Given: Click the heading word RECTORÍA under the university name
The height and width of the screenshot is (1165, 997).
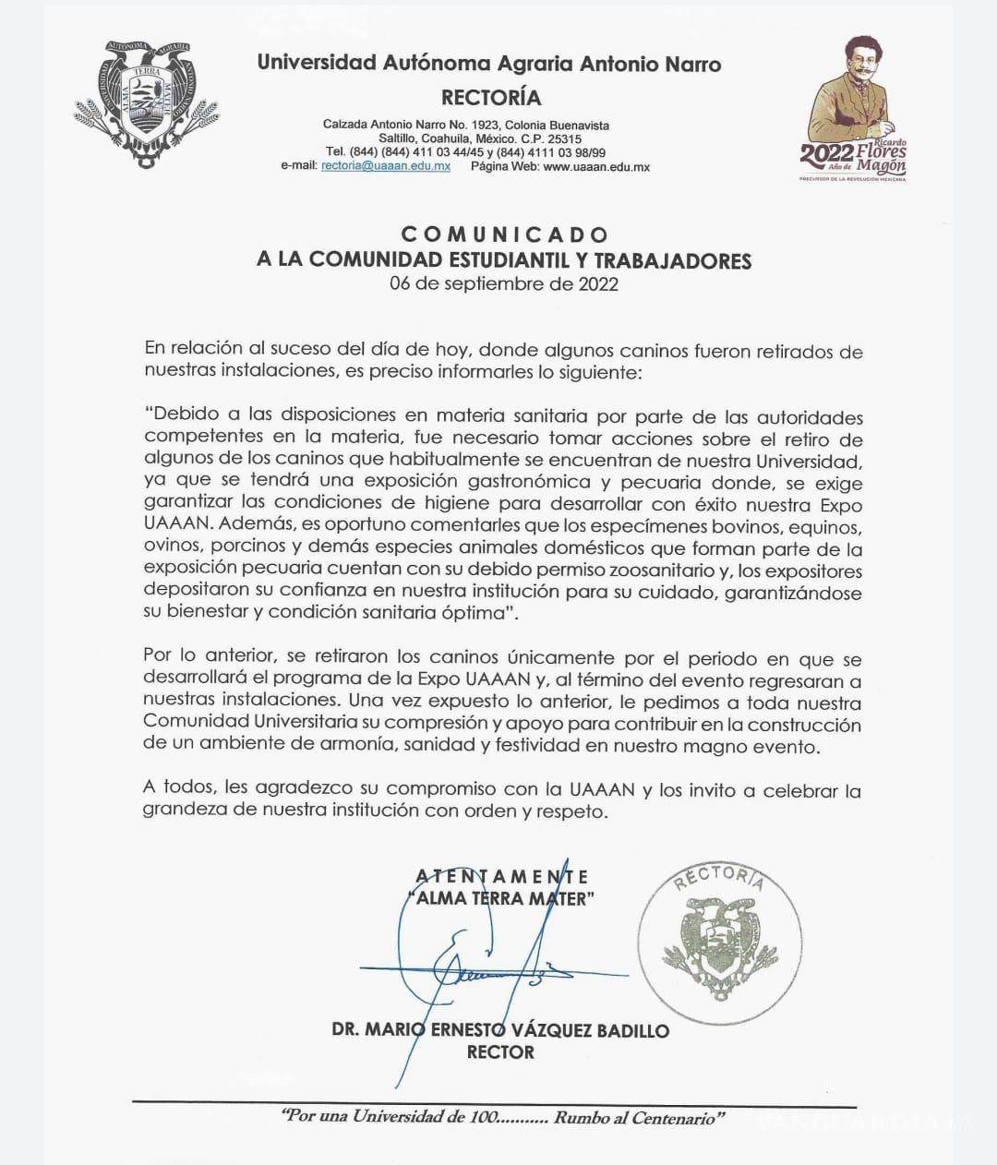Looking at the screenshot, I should (x=491, y=97).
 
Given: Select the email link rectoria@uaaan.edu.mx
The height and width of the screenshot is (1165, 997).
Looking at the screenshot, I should (x=385, y=167).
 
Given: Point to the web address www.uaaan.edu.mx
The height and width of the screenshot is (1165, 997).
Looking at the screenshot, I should (x=596, y=167).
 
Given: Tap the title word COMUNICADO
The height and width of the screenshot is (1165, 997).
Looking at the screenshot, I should (x=504, y=234).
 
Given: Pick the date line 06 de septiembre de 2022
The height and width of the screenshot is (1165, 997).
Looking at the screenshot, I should (x=503, y=284).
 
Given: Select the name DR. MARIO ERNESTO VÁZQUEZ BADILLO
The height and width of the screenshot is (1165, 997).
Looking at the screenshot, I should (x=500, y=1030).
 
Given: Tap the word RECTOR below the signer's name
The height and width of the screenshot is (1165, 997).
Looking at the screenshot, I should (x=500, y=1052).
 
